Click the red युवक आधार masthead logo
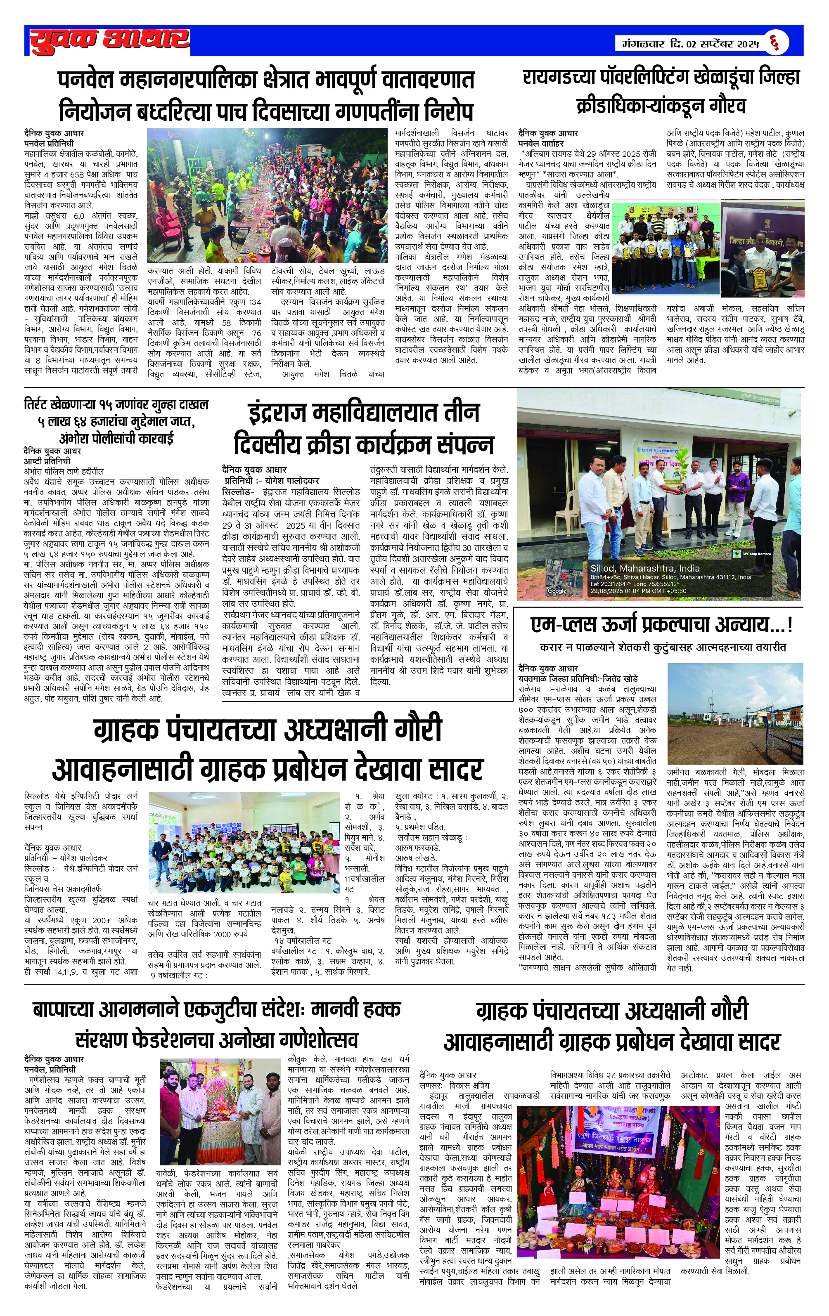109,40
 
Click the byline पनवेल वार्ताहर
541,143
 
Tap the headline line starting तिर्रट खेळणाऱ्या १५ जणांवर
116,405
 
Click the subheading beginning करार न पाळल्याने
662,647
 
